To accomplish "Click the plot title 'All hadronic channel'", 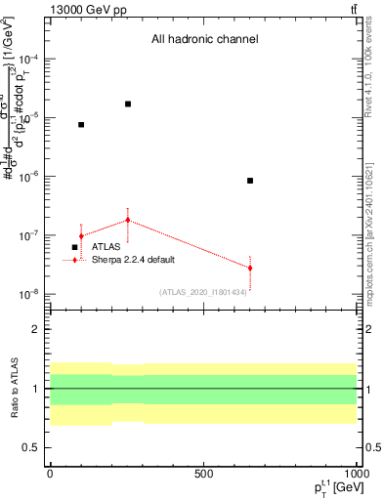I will (x=204, y=40).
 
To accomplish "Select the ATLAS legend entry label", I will (x=107, y=247).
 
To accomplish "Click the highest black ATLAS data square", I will (x=128, y=104).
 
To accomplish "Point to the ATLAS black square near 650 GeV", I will (x=250, y=181).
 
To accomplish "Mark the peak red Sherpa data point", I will (x=128, y=220).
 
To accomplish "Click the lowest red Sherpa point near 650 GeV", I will (x=250, y=268).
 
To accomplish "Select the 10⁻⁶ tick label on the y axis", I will (x=29, y=177).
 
